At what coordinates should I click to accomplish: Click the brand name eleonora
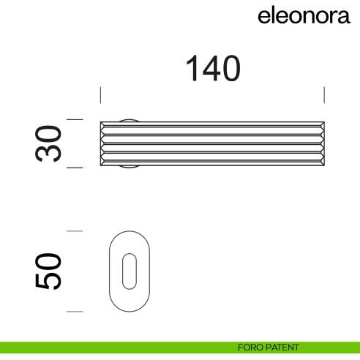[x=304, y=16]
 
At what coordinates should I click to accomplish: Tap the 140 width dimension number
[x=212, y=70]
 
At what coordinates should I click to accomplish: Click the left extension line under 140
[x=100, y=96]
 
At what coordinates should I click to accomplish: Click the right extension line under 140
[x=324, y=96]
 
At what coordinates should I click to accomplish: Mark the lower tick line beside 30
[x=75, y=168]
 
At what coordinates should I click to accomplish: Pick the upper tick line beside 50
[x=75, y=231]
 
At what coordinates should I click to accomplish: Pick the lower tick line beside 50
[x=75, y=312]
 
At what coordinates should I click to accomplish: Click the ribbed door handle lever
[x=212, y=143]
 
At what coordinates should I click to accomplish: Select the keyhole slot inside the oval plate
[x=129, y=271]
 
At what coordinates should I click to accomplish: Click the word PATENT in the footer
[x=282, y=347]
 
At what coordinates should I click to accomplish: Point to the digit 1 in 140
[x=192, y=70]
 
